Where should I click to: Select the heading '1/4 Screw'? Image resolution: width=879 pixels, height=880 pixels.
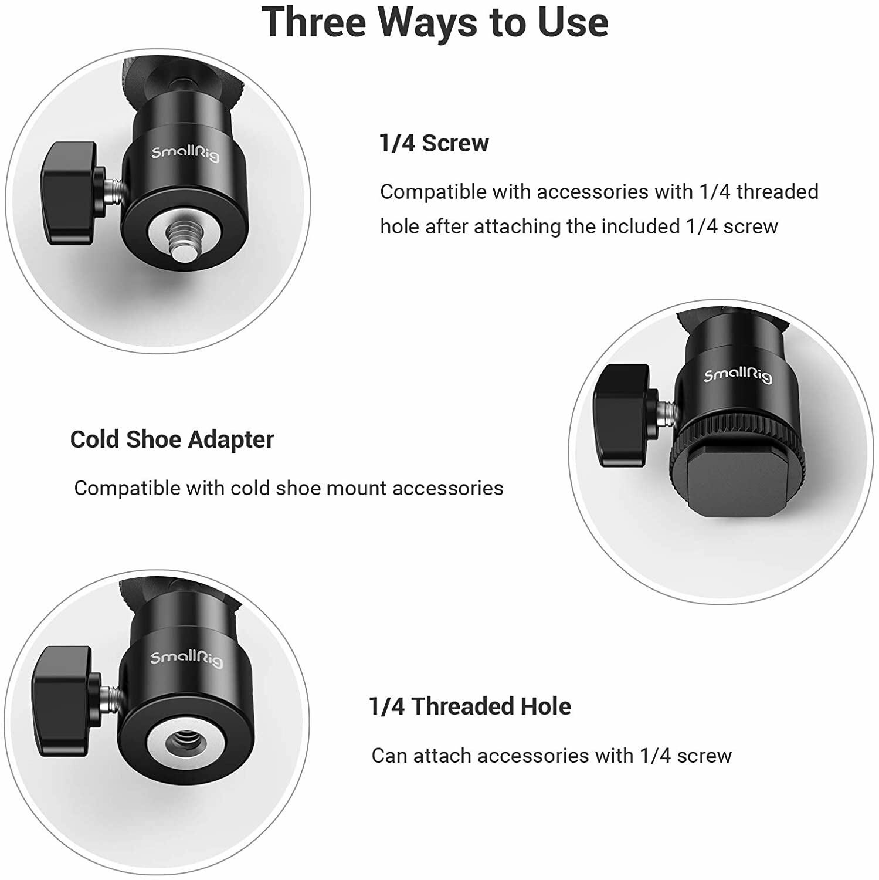[433, 143]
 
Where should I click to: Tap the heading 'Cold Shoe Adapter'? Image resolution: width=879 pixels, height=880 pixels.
[172, 439]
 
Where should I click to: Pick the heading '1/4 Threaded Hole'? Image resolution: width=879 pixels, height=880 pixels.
[470, 706]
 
